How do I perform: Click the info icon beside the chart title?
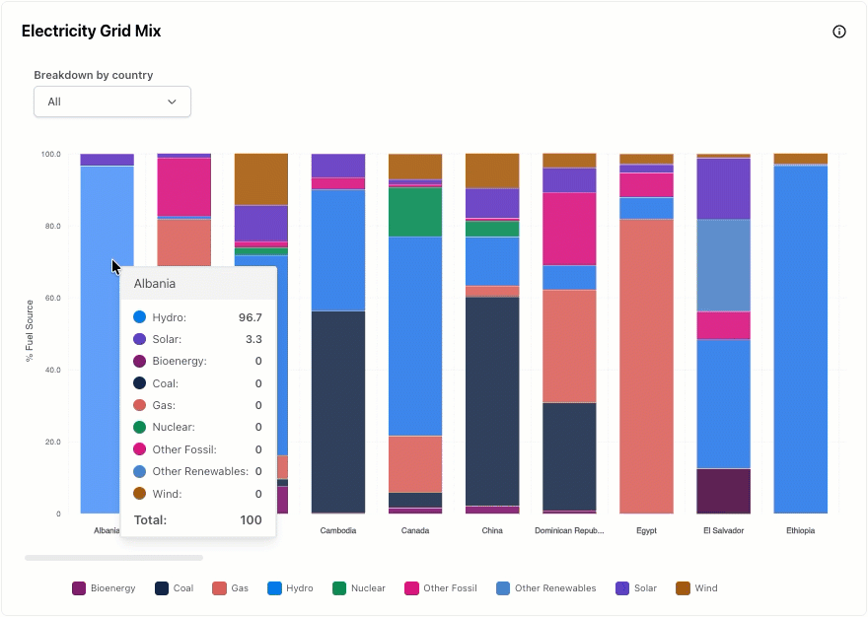(838, 32)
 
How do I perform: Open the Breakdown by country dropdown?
(112, 102)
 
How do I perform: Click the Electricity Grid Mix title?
(92, 31)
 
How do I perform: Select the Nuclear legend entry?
(359, 588)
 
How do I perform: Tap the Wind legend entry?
(696, 588)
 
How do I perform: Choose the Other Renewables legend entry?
(546, 588)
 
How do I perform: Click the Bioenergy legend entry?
(104, 588)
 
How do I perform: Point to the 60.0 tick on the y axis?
(53, 299)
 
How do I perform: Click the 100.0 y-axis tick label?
(51, 155)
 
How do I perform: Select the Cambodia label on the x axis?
(338, 530)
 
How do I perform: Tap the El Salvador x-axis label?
(724, 530)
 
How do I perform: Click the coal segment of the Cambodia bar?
(338, 412)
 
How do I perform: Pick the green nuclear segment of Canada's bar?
(415, 213)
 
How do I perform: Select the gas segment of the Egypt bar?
(647, 367)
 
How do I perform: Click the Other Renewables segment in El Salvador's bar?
(724, 265)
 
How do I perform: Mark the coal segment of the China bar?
(492, 402)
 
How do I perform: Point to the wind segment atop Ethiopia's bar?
(801, 159)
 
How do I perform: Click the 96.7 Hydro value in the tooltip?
(251, 317)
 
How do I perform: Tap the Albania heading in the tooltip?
(155, 284)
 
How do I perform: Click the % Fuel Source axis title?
(30, 331)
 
